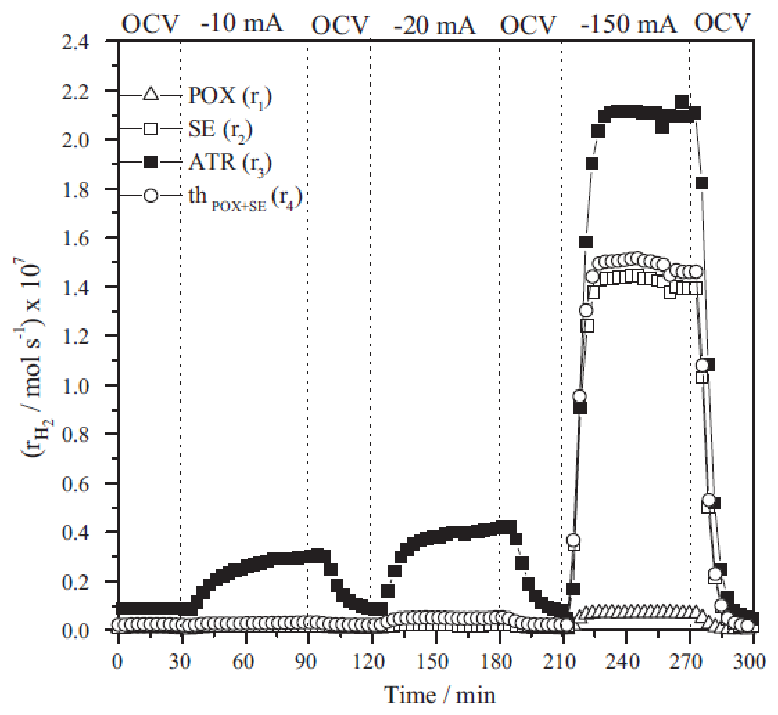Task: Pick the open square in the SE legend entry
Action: pos(150,128)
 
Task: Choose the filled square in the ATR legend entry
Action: pos(150,161)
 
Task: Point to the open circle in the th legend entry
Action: pos(150,195)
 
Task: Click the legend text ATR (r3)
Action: pos(230,163)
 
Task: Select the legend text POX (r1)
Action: pos(230,96)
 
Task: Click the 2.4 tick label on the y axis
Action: pos(76,42)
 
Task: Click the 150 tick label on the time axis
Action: pos(433,661)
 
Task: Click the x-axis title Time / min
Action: pos(440,696)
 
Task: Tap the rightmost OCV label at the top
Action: pos(722,23)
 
